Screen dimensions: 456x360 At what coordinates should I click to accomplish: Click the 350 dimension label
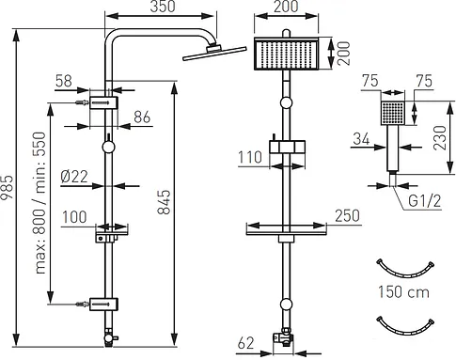coord(162,7)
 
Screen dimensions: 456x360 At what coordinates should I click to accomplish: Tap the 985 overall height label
coord(7,187)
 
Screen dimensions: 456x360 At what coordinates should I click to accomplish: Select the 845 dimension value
coord(164,202)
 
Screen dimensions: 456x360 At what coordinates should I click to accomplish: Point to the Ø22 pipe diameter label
coord(74,177)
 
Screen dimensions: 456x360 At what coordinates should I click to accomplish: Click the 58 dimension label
coord(64,81)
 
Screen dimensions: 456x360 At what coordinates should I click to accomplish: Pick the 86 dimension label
coord(142,117)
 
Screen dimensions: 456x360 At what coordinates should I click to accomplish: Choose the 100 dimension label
coord(74,217)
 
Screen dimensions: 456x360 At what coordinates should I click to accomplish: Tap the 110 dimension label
coord(250,157)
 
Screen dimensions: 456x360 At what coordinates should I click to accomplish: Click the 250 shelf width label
coord(347,216)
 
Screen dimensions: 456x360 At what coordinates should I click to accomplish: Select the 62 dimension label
coord(245,343)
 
